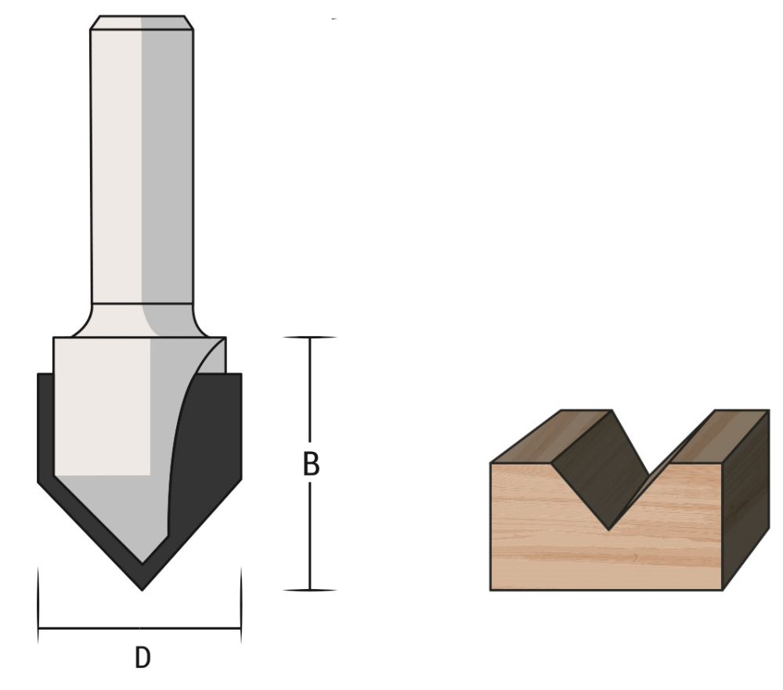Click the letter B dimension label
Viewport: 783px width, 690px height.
coord(311,464)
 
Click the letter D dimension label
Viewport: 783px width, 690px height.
coord(142,658)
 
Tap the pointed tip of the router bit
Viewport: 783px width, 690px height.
coord(142,587)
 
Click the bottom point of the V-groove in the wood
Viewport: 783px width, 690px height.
coord(609,529)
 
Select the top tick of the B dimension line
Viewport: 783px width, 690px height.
coord(310,338)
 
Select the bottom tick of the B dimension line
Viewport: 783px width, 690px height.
coord(310,590)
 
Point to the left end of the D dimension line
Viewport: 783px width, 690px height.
coord(38,628)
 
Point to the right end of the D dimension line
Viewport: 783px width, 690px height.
coord(240,628)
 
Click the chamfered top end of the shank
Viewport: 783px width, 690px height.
coord(141,23)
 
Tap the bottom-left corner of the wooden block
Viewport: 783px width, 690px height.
coord(491,589)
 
